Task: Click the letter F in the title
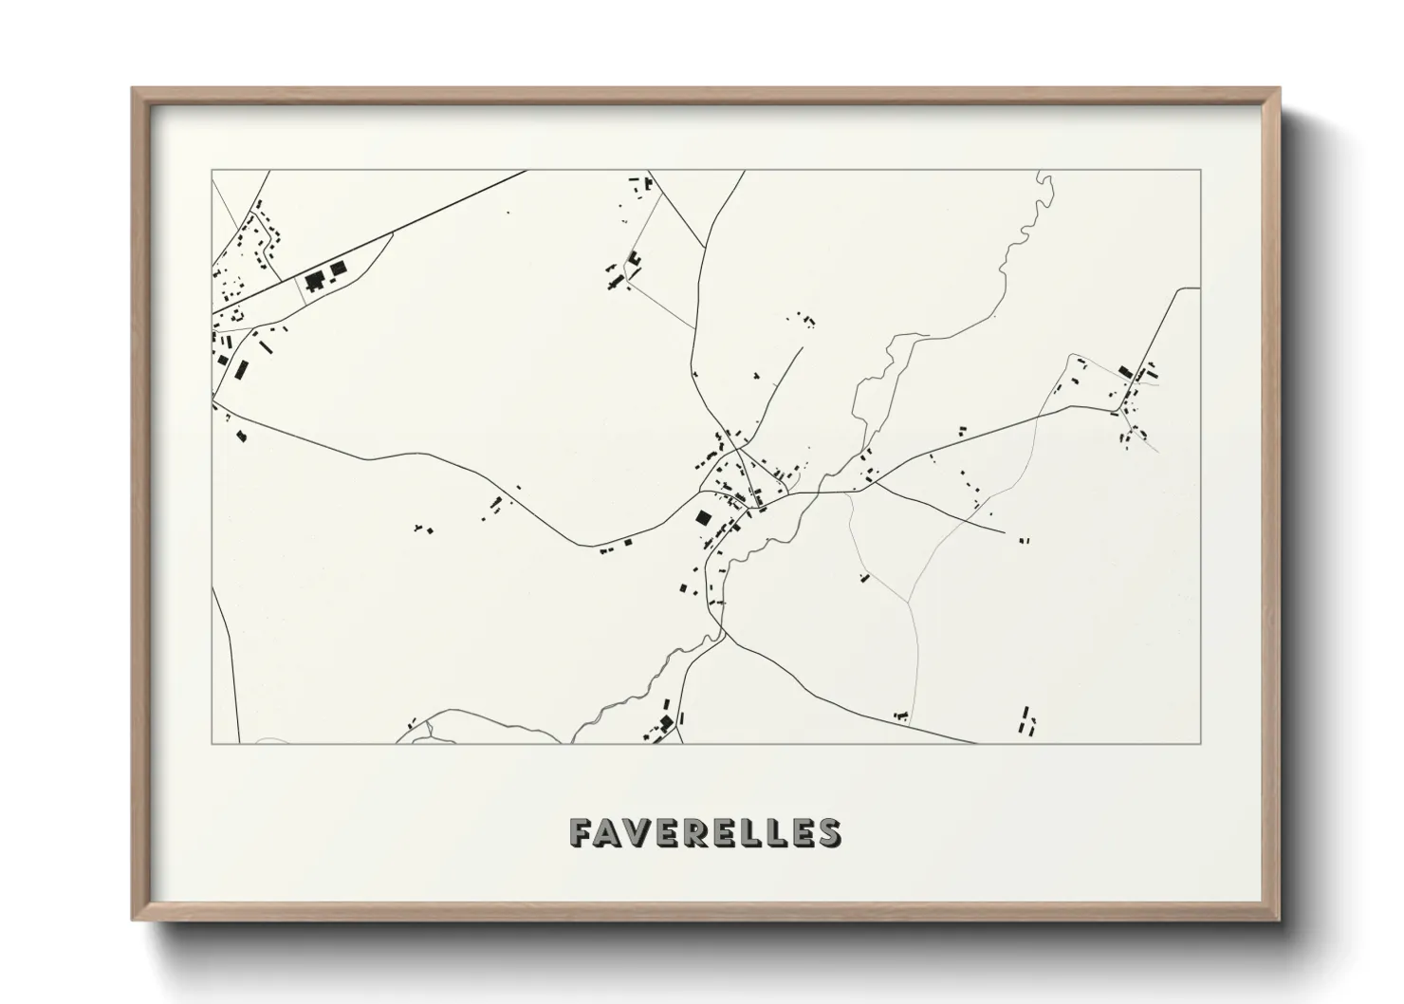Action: point(582,833)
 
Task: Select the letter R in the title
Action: point(692,833)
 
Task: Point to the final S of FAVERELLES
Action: point(828,833)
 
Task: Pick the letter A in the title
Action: point(609,833)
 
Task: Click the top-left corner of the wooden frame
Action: point(132,88)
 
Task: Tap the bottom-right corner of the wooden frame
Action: point(1280,920)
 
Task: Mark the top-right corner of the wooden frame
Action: point(1280,88)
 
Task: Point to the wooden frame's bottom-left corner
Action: point(132,920)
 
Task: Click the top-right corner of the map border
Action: point(1200,170)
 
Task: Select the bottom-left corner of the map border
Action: point(212,743)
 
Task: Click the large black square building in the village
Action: point(703,518)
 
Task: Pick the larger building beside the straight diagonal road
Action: point(314,280)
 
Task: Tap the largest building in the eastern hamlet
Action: point(1125,371)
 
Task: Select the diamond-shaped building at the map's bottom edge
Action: point(666,724)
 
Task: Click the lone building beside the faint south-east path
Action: point(864,577)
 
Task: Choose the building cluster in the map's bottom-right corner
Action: point(1026,720)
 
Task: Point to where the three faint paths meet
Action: point(909,604)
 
